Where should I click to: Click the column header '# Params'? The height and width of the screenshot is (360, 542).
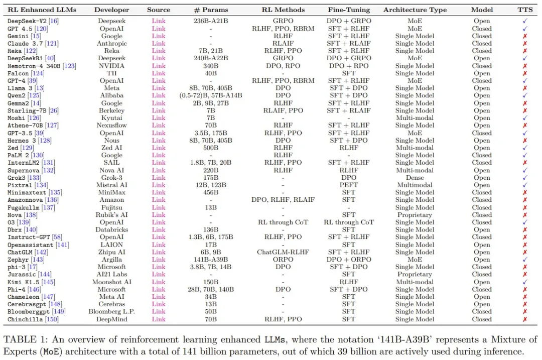(210, 10)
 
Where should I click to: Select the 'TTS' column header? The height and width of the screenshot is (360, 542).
(525, 10)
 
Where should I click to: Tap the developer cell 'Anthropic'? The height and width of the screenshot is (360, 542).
(111, 44)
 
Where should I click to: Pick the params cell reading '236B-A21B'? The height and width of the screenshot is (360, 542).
(210, 21)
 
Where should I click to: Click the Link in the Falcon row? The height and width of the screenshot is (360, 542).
(159, 73)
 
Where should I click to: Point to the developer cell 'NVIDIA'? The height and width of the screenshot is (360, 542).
(111, 66)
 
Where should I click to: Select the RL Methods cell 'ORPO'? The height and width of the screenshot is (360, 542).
(283, 260)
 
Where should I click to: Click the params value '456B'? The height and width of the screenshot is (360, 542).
(210, 192)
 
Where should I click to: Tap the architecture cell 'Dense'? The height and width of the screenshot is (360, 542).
(415, 178)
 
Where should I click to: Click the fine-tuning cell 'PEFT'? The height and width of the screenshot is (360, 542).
(348, 185)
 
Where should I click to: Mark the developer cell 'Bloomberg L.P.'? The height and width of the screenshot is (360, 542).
(111, 312)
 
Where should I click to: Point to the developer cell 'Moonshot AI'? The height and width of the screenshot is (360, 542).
(111, 282)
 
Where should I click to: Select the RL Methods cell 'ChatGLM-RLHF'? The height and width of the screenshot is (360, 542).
(283, 252)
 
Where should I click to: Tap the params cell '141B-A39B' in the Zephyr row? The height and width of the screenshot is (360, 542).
(210, 260)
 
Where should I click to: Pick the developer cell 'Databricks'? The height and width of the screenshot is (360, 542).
(111, 230)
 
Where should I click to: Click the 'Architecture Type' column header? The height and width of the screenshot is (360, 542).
(415, 10)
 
